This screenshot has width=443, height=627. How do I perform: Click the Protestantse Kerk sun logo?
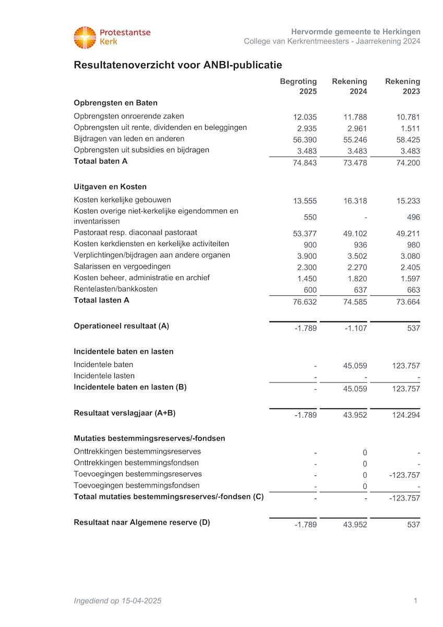pyautogui.click(x=85, y=38)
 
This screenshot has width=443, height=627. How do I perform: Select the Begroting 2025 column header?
pyautogui.click(x=298, y=86)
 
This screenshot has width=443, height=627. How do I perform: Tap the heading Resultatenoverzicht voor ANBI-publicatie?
pyautogui.click(x=178, y=65)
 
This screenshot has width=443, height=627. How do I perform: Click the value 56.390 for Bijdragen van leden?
pyautogui.click(x=305, y=140)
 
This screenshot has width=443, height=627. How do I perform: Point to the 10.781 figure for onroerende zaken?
pyautogui.click(x=408, y=117)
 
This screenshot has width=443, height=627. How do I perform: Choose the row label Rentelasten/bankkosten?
pyautogui.click(x=115, y=289)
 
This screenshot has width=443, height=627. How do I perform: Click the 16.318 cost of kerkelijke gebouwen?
pyautogui.click(x=355, y=201)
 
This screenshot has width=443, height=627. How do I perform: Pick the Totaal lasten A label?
pyautogui.click(x=101, y=300)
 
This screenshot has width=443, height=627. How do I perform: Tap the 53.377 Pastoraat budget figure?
pyautogui.click(x=305, y=234)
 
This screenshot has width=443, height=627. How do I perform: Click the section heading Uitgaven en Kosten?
pyautogui.click(x=110, y=187)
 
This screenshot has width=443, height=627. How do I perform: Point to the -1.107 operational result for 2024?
pyautogui.click(x=355, y=328)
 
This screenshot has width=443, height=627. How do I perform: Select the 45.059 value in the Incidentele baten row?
pyautogui.click(x=355, y=366)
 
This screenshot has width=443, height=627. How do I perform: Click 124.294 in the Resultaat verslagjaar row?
pyautogui.click(x=405, y=415)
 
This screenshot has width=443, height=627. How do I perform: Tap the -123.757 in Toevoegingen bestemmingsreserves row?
pyautogui.click(x=404, y=475)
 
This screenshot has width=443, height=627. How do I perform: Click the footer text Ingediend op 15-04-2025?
pyautogui.click(x=117, y=601)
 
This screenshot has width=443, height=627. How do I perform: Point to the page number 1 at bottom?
pyautogui.click(x=415, y=601)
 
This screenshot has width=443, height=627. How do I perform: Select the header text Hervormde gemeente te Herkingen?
pyautogui.click(x=355, y=32)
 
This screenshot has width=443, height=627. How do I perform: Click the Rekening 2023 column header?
pyautogui.click(x=402, y=86)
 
